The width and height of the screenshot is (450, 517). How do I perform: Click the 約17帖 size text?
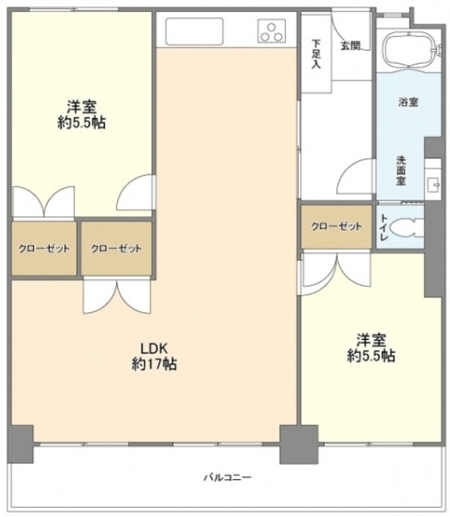click(154, 364)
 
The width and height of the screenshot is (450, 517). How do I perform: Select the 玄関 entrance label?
click(350, 46)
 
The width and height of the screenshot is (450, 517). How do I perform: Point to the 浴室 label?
click(407, 103)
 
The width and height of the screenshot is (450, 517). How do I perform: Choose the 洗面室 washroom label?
click(401, 170)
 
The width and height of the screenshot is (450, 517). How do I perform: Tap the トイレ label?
click(384, 229)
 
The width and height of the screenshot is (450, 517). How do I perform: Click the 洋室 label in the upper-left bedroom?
click(82, 106)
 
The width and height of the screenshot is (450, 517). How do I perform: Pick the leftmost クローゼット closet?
click(44, 248)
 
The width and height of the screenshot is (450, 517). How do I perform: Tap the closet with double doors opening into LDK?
click(116, 248)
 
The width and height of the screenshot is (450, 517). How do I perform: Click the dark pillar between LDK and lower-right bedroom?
click(292, 443)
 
